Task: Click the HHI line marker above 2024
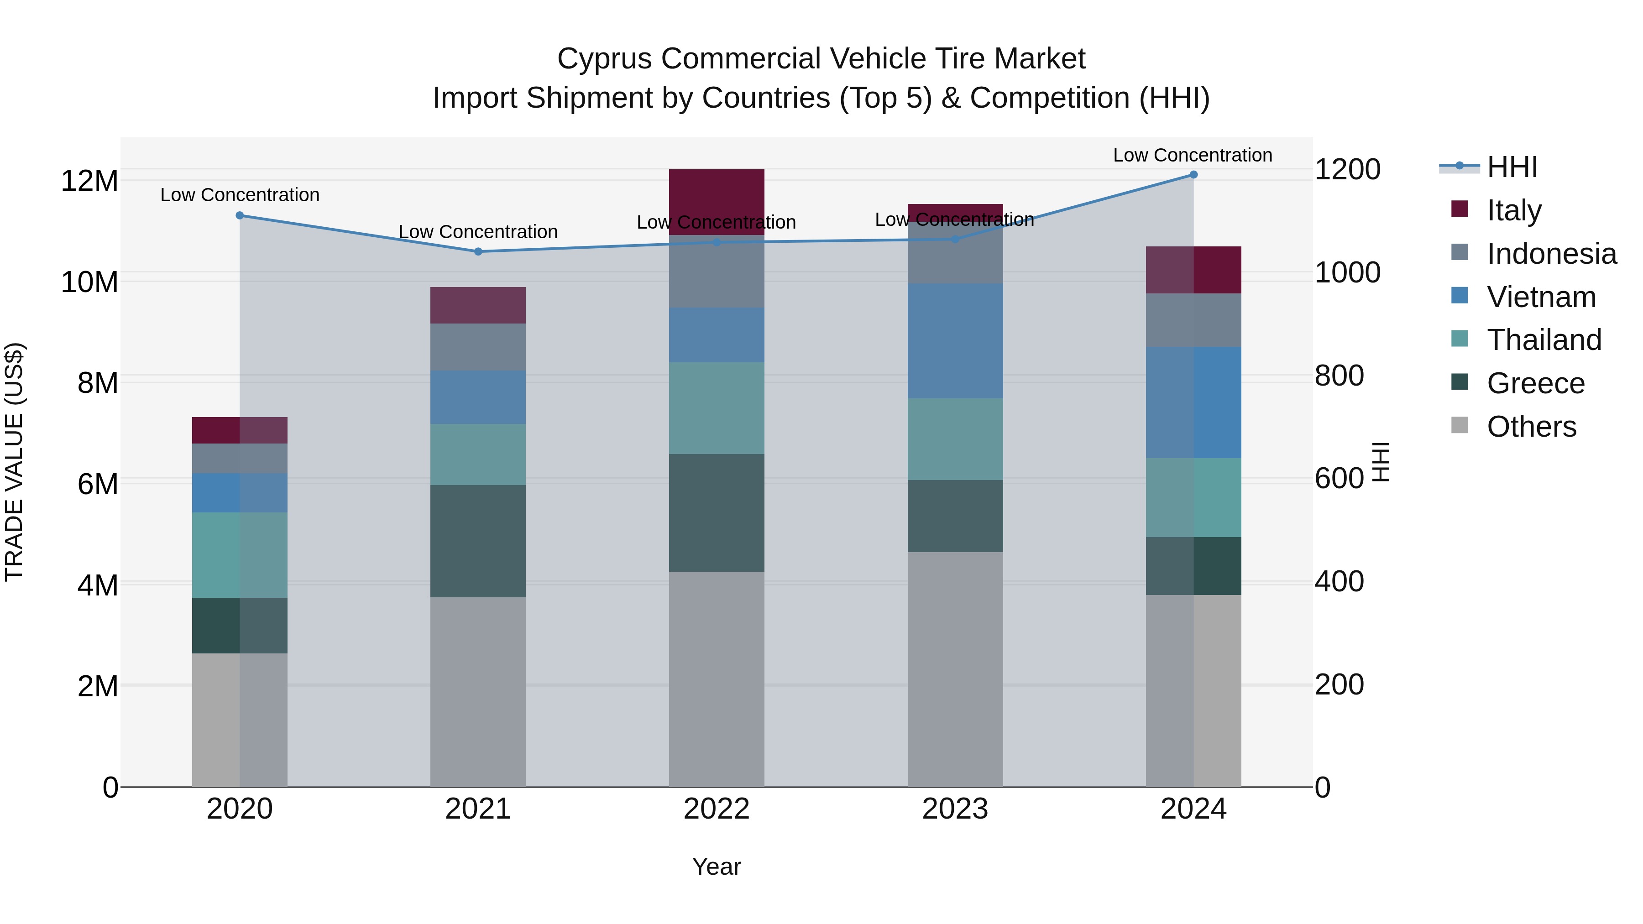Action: point(1193,175)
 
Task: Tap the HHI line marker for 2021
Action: point(478,251)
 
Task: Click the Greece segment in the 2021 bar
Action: point(478,541)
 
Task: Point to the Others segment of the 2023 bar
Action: point(955,669)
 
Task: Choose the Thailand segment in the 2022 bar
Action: point(716,408)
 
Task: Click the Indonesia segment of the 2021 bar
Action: point(478,347)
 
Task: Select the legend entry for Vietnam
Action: point(1540,297)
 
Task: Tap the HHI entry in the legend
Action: point(1511,167)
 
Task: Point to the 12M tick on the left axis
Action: point(89,181)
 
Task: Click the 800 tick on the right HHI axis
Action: point(1339,376)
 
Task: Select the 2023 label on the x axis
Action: point(955,809)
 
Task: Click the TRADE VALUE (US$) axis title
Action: point(14,462)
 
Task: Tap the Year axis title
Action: point(716,867)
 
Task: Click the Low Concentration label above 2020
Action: point(240,195)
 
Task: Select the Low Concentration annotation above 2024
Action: point(1193,156)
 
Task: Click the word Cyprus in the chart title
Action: point(605,59)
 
